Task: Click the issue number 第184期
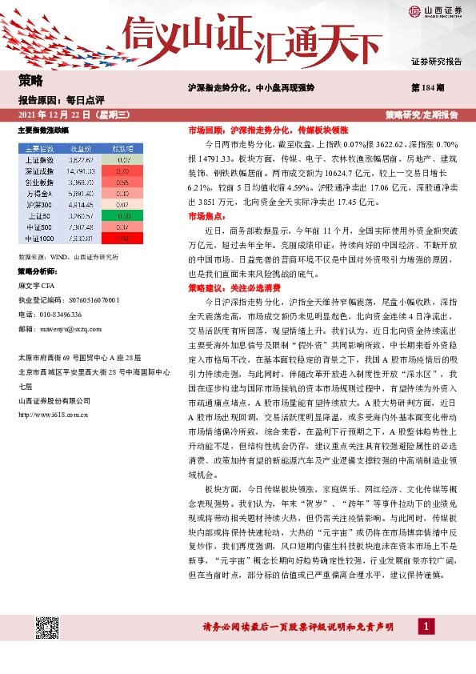click(424, 86)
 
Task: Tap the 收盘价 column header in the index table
click(82, 149)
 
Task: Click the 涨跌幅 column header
click(122, 149)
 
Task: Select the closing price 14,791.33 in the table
click(82, 171)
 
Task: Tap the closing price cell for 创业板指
click(82, 182)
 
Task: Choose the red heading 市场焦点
click(206, 216)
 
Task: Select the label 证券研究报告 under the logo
click(436, 61)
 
